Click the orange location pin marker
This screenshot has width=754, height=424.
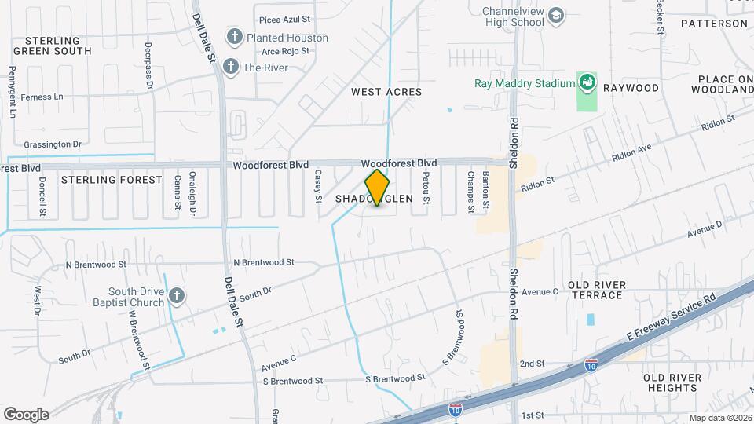[x=378, y=187]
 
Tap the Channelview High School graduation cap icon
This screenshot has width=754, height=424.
[x=556, y=15]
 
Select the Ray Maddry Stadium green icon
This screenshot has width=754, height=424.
[x=586, y=82]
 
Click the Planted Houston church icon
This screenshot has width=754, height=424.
[x=234, y=36]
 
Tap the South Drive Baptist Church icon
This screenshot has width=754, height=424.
[x=177, y=296]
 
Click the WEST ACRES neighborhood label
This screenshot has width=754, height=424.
[x=386, y=92]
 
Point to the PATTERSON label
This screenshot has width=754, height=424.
[x=714, y=24]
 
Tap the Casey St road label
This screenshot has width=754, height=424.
[x=318, y=186]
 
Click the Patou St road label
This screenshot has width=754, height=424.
[x=426, y=189]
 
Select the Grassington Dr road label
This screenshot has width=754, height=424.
[x=53, y=144]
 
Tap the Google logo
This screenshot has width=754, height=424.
[x=26, y=414]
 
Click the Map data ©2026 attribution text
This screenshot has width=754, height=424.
[x=719, y=418]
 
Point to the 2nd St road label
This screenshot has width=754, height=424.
[x=532, y=364]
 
